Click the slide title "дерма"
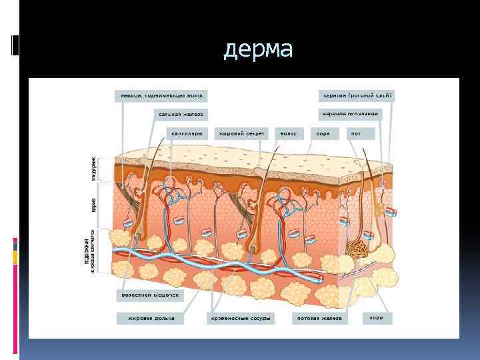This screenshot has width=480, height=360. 257,50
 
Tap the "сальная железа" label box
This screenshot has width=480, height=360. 180,114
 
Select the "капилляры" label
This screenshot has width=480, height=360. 186,133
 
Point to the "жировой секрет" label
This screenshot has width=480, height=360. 241,133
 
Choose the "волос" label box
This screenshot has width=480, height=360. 289,133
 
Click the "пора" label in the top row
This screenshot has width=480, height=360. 323,133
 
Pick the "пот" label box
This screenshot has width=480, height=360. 357,133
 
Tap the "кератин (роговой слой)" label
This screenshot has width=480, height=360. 357,95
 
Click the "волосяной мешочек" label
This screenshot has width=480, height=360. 149,294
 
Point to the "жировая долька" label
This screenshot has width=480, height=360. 151,319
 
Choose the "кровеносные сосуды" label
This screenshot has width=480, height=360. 241,319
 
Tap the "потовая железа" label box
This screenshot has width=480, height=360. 320,319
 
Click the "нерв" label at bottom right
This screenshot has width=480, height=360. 377,319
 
